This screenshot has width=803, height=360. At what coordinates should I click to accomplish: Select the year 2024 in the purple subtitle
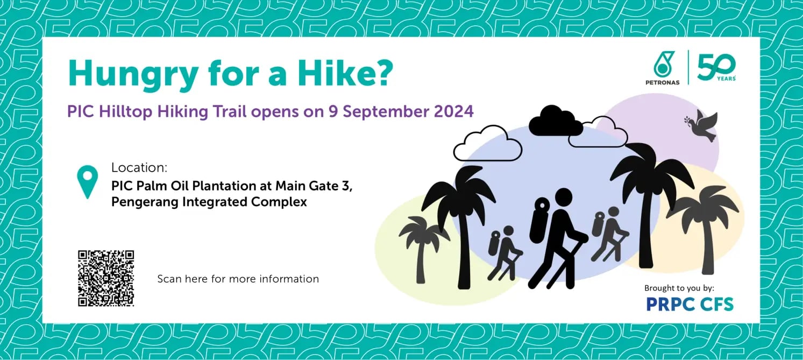(453, 111)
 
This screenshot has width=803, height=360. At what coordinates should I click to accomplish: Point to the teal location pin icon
(88, 181)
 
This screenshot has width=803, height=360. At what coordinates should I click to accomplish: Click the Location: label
(139, 167)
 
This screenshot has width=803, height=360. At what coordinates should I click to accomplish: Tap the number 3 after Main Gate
(345, 186)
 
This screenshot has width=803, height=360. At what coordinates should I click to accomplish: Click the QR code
(106, 278)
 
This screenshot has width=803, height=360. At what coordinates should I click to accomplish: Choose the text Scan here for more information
(238, 279)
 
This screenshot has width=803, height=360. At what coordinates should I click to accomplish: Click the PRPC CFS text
(690, 305)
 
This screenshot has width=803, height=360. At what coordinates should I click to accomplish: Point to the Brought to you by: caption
(679, 288)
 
